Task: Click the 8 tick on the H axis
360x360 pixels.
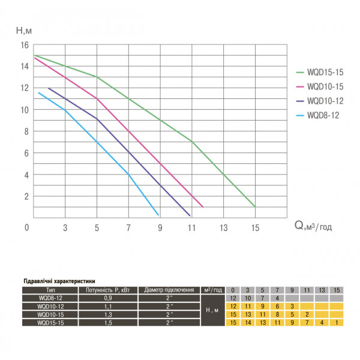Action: [26, 131]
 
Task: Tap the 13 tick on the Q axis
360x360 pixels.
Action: [223, 228]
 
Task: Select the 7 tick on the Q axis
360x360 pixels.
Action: [128, 228]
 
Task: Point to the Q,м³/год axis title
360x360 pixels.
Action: [314, 226]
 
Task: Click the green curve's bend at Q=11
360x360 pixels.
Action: [191, 142]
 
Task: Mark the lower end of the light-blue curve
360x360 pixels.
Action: [158, 214]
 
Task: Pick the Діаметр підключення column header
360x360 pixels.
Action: [170, 290]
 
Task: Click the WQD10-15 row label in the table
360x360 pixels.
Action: [51, 314]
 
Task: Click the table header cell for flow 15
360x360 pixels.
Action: [338, 290]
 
